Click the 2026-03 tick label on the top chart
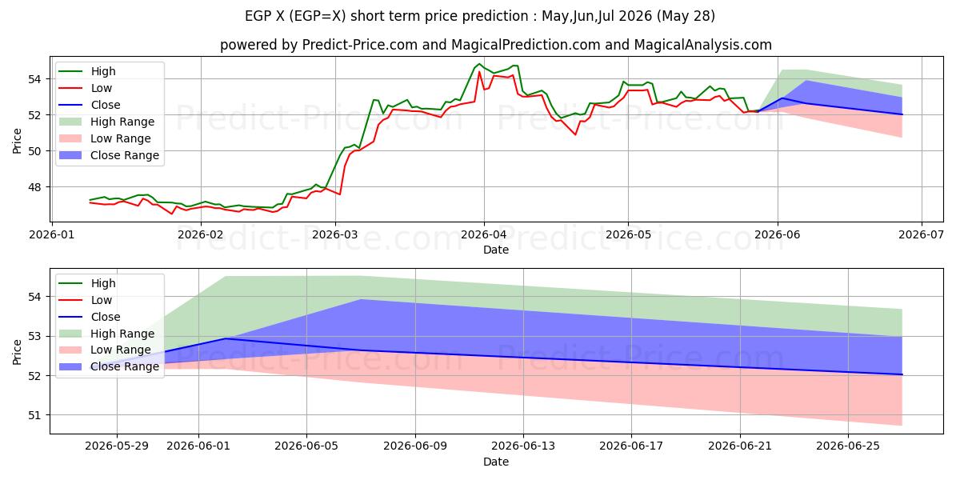pyautogui.click(x=335, y=235)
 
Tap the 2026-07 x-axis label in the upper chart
pyautogui.click(x=922, y=235)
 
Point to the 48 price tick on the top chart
pyautogui.click(x=34, y=187)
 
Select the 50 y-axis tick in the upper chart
pyautogui.click(x=34, y=151)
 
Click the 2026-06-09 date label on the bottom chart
pyautogui.click(x=415, y=446)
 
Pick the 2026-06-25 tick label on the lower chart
pyautogui.click(x=848, y=446)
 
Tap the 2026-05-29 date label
pyautogui.click(x=117, y=446)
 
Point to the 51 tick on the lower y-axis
pyautogui.click(x=34, y=415)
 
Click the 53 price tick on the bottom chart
pyautogui.click(x=34, y=337)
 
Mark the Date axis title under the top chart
pyautogui.click(x=496, y=250)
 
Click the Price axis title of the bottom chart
pyautogui.click(x=17, y=352)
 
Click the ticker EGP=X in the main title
pyautogui.click(x=318, y=16)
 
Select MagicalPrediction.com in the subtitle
pyautogui.click(x=526, y=45)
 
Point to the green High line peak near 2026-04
pyautogui.click(x=479, y=64)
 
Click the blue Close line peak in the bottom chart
pyautogui.click(x=226, y=338)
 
